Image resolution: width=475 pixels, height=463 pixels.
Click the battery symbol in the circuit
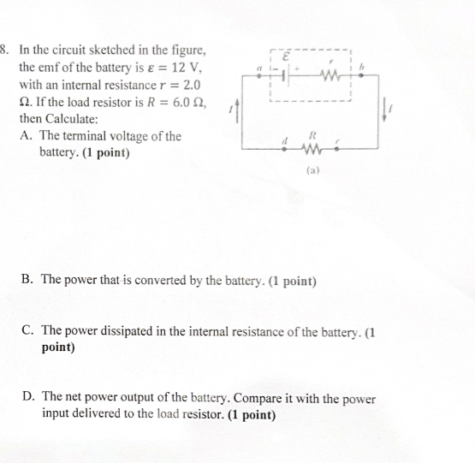(289, 74)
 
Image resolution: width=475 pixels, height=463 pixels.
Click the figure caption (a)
(312, 171)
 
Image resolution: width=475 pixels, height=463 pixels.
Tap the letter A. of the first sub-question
(25, 136)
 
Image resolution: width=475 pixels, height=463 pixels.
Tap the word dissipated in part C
(118, 331)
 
